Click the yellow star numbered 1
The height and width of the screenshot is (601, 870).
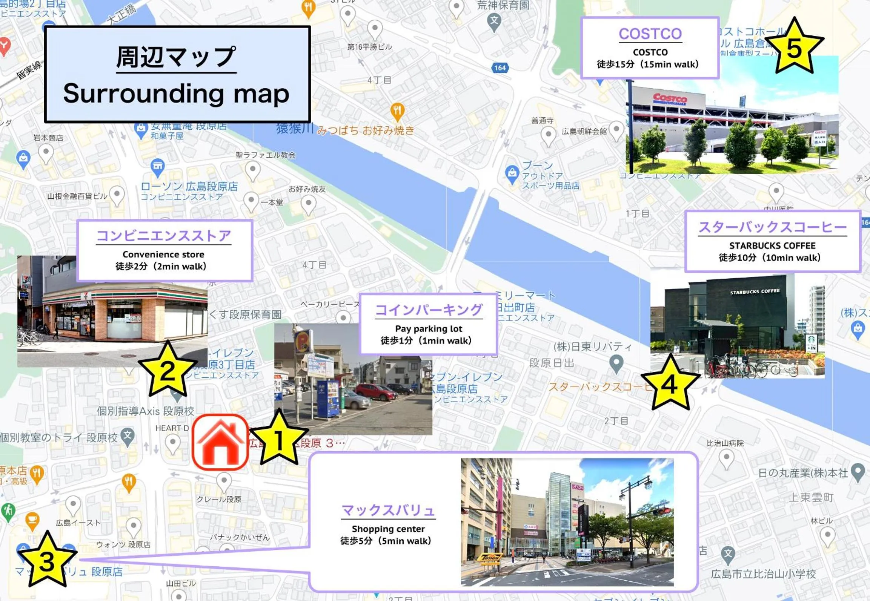tap(278, 439)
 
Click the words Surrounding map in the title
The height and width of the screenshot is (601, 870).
tap(176, 94)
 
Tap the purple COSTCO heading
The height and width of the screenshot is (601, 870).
tap(650, 34)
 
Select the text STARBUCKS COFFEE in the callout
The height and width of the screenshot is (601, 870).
tap(772, 246)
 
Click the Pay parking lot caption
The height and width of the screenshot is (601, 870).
tap(429, 329)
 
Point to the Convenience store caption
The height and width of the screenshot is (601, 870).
tap(163, 255)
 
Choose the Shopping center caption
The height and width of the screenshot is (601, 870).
tap(388, 529)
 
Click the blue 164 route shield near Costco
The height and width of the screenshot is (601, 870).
tap(500, 68)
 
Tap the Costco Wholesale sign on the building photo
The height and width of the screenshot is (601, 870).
tap(670, 99)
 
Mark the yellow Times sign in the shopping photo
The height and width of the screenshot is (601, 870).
tap(489, 558)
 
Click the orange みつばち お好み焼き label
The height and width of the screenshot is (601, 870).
tap(365, 130)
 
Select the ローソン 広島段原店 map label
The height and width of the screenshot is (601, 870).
tap(189, 187)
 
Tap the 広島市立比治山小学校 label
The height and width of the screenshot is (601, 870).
tap(763, 574)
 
